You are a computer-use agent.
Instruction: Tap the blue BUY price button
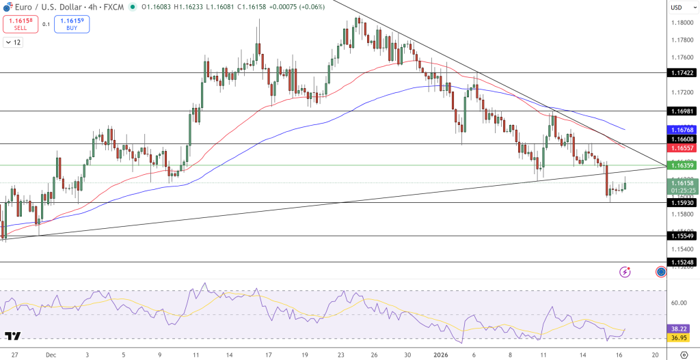click(x=72, y=25)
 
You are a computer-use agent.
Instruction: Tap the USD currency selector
click(x=677, y=8)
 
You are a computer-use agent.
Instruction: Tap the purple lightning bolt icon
click(x=625, y=272)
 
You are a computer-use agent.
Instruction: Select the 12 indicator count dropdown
click(x=13, y=42)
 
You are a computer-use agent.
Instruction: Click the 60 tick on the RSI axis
click(x=679, y=303)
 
